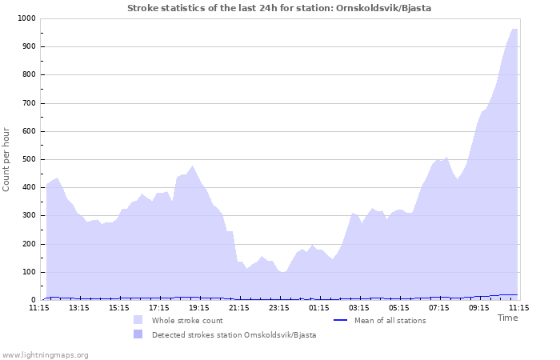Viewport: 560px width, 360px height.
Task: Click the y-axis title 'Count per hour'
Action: [x=7, y=159]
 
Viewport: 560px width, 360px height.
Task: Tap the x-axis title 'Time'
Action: [x=507, y=318]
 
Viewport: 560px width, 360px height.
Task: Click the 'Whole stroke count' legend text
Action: [x=187, y=321]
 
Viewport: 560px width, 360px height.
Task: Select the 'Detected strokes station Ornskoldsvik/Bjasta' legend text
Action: [x=234, y=335]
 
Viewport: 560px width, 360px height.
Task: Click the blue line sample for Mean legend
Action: [x=340, y=320]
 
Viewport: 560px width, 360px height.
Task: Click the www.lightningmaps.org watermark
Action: [x=45, y=354]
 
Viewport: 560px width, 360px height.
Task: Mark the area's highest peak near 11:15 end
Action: [x=514, y=29]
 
